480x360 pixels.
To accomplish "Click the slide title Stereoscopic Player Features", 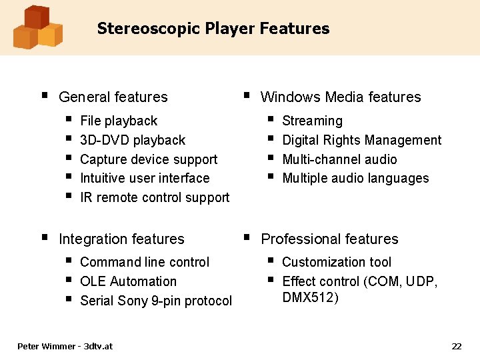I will coord(213,29).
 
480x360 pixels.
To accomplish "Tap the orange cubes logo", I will coord(37,27).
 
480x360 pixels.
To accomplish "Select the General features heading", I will coord(113,97).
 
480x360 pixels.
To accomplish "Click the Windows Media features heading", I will coord(340,97).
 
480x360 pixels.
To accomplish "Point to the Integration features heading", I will coord(121,239).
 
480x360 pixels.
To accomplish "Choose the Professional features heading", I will coord(329,239).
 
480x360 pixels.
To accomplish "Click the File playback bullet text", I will coord(118,121).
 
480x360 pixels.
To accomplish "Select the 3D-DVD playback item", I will coord(132,140).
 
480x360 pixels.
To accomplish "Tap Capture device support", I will coord(148,159).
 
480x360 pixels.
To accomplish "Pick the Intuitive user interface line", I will coord(144,178).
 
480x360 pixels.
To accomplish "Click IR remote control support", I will coord(154,197).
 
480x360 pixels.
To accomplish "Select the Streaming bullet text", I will coord(312,121).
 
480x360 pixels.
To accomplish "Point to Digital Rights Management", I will coord(361,140).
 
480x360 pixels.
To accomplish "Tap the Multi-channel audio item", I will coord(339,159).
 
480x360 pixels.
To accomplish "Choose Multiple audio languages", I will coord(355,178).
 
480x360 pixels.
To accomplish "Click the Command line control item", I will coord(144,262).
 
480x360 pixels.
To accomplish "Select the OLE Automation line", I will coord(128,281).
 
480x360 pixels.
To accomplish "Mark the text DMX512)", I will coord(310,297).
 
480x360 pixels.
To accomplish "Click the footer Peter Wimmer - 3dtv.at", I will coord(65,346).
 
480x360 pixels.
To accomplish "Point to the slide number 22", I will coord(456,346).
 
